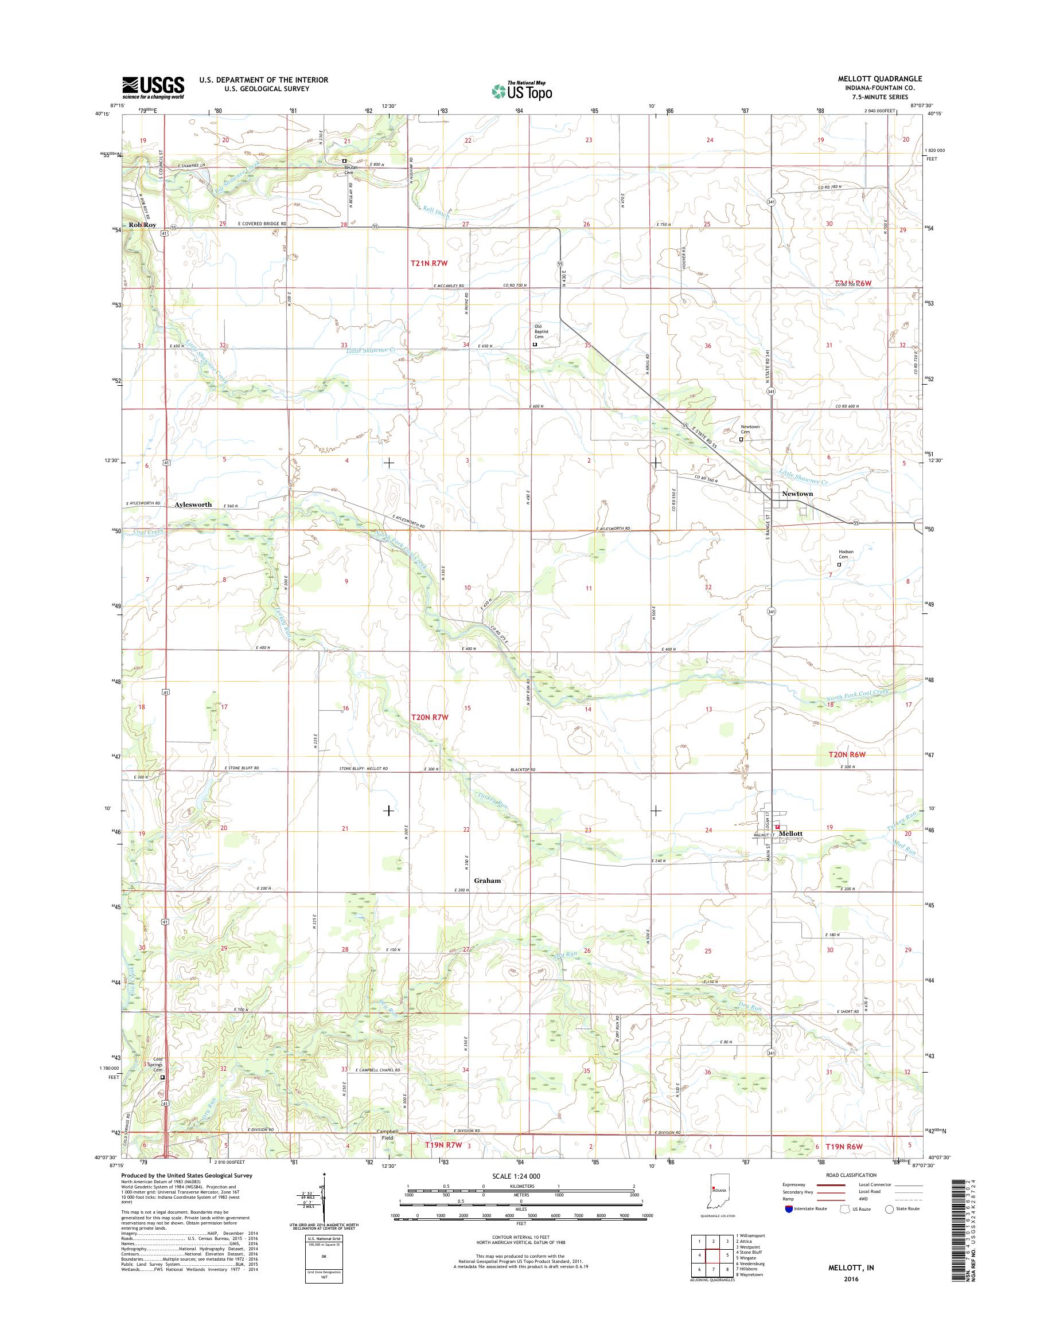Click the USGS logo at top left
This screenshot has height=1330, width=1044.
click(153, 87)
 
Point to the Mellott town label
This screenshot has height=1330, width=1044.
click(789, 834)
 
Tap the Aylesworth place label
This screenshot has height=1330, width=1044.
click(193, 504)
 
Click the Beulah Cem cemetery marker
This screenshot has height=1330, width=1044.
click(344, 161)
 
